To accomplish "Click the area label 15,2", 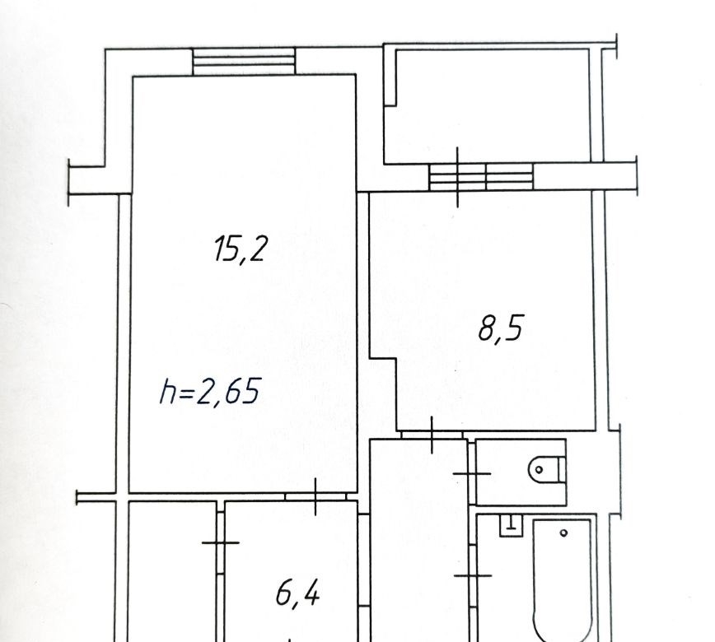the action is [x=240, y=249].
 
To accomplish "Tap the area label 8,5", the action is [x=500, y=328].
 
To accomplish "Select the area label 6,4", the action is [x=297, y=594].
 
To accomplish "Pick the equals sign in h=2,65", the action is [x=186, y=393].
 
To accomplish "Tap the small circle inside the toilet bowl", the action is [x=539, y=469].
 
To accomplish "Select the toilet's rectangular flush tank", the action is [x=562, y=469].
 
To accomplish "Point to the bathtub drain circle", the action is [x=563, y=533].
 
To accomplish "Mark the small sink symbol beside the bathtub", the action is [x=511, y=525].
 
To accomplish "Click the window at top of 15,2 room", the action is [x=244, y=62].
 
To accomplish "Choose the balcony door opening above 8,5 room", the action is [x=481, y=177].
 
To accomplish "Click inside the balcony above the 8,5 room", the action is [x=493, y=105].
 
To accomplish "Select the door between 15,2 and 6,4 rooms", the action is [x=315, y=496].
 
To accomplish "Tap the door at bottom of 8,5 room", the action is [x=432, y=435].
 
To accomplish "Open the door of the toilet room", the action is [x=471, y=474].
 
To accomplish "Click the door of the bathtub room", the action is [x=473, y=576].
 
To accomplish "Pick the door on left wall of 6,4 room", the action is [x=220, y=542].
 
